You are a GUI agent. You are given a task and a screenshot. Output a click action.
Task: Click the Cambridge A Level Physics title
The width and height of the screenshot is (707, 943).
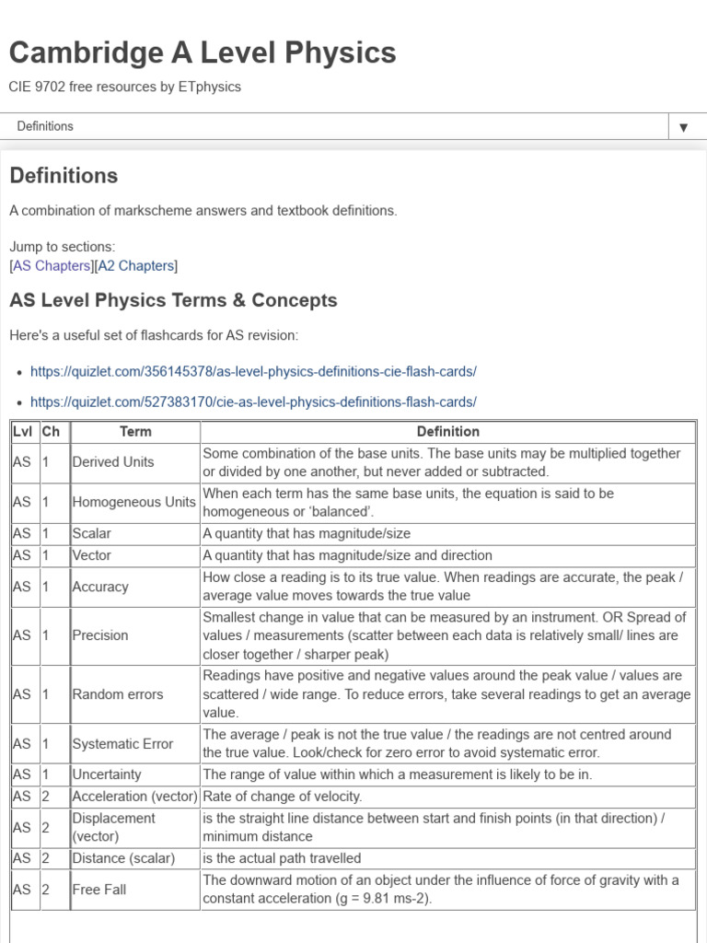click(203, 53)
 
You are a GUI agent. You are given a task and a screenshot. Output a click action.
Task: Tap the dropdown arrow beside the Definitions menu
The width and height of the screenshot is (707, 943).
click(683, 127)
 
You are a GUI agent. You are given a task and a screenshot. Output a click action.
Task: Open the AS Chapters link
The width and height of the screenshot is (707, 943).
click(52, 266)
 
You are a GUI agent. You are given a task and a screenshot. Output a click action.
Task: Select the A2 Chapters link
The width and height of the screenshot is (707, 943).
click(135, 266)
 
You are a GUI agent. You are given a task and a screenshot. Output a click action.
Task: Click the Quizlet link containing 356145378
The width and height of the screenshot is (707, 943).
click(253, 372)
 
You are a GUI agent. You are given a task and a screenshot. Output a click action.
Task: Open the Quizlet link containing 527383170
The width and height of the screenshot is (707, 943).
click(253, 402)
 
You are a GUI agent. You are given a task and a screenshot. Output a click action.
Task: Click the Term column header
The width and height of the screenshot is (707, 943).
click(135, 431)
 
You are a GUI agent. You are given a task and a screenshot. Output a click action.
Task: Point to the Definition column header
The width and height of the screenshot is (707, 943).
click(447, 431)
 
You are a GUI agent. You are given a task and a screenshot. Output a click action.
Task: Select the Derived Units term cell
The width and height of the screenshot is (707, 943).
click(112, 462)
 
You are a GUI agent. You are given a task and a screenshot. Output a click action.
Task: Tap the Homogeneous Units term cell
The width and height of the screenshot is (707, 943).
click(133, 502)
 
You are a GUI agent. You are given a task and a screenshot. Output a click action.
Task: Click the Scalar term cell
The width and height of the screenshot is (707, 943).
click(91, 533)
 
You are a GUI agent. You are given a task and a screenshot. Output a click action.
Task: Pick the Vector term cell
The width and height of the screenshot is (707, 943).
click(91, 555)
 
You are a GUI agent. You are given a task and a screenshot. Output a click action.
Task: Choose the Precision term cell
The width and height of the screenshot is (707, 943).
click(99, 635)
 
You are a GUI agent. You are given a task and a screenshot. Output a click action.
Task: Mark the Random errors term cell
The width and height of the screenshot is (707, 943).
click(117, 694)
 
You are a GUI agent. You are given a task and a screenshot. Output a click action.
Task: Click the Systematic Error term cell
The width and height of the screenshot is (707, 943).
click(122, 744)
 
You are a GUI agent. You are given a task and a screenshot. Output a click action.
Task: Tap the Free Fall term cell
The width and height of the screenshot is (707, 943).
click(99, 890)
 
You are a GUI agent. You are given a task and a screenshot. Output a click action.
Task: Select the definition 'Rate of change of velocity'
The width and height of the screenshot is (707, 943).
click(282, 797)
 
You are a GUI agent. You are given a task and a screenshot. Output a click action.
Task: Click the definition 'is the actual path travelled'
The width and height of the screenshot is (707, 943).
click(282, 858)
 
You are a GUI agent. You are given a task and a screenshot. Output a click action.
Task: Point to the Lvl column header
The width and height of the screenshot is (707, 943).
click(23, 431)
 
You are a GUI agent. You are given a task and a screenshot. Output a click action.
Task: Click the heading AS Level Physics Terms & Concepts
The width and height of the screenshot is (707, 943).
click(173, 300)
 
